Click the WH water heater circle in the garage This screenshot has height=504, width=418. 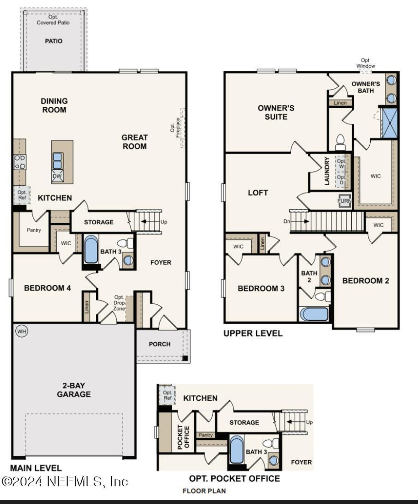coord(22,332)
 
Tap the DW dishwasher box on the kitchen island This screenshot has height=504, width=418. coord(57,176)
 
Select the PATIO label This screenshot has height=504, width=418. coord(54,41)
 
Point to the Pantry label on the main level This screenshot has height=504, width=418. coord(34,230)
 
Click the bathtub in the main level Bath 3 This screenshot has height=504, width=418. coord(91,249)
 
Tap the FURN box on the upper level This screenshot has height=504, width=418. coord(344,201)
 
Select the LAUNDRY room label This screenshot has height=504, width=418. coord(327,171)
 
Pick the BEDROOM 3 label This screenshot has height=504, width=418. coord(261,288)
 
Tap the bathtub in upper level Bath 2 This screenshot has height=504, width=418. coord(314,314)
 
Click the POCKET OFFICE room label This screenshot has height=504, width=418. coord(183,437)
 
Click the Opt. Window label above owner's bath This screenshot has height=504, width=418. coord(365,63)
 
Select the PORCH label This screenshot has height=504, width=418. coord(160,344)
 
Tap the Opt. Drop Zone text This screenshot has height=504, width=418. coord(119,303)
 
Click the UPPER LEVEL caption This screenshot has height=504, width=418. coord(253,333)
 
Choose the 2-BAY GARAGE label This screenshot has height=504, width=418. coord(74,390)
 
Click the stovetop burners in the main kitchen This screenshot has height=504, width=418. coord(20,162)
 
